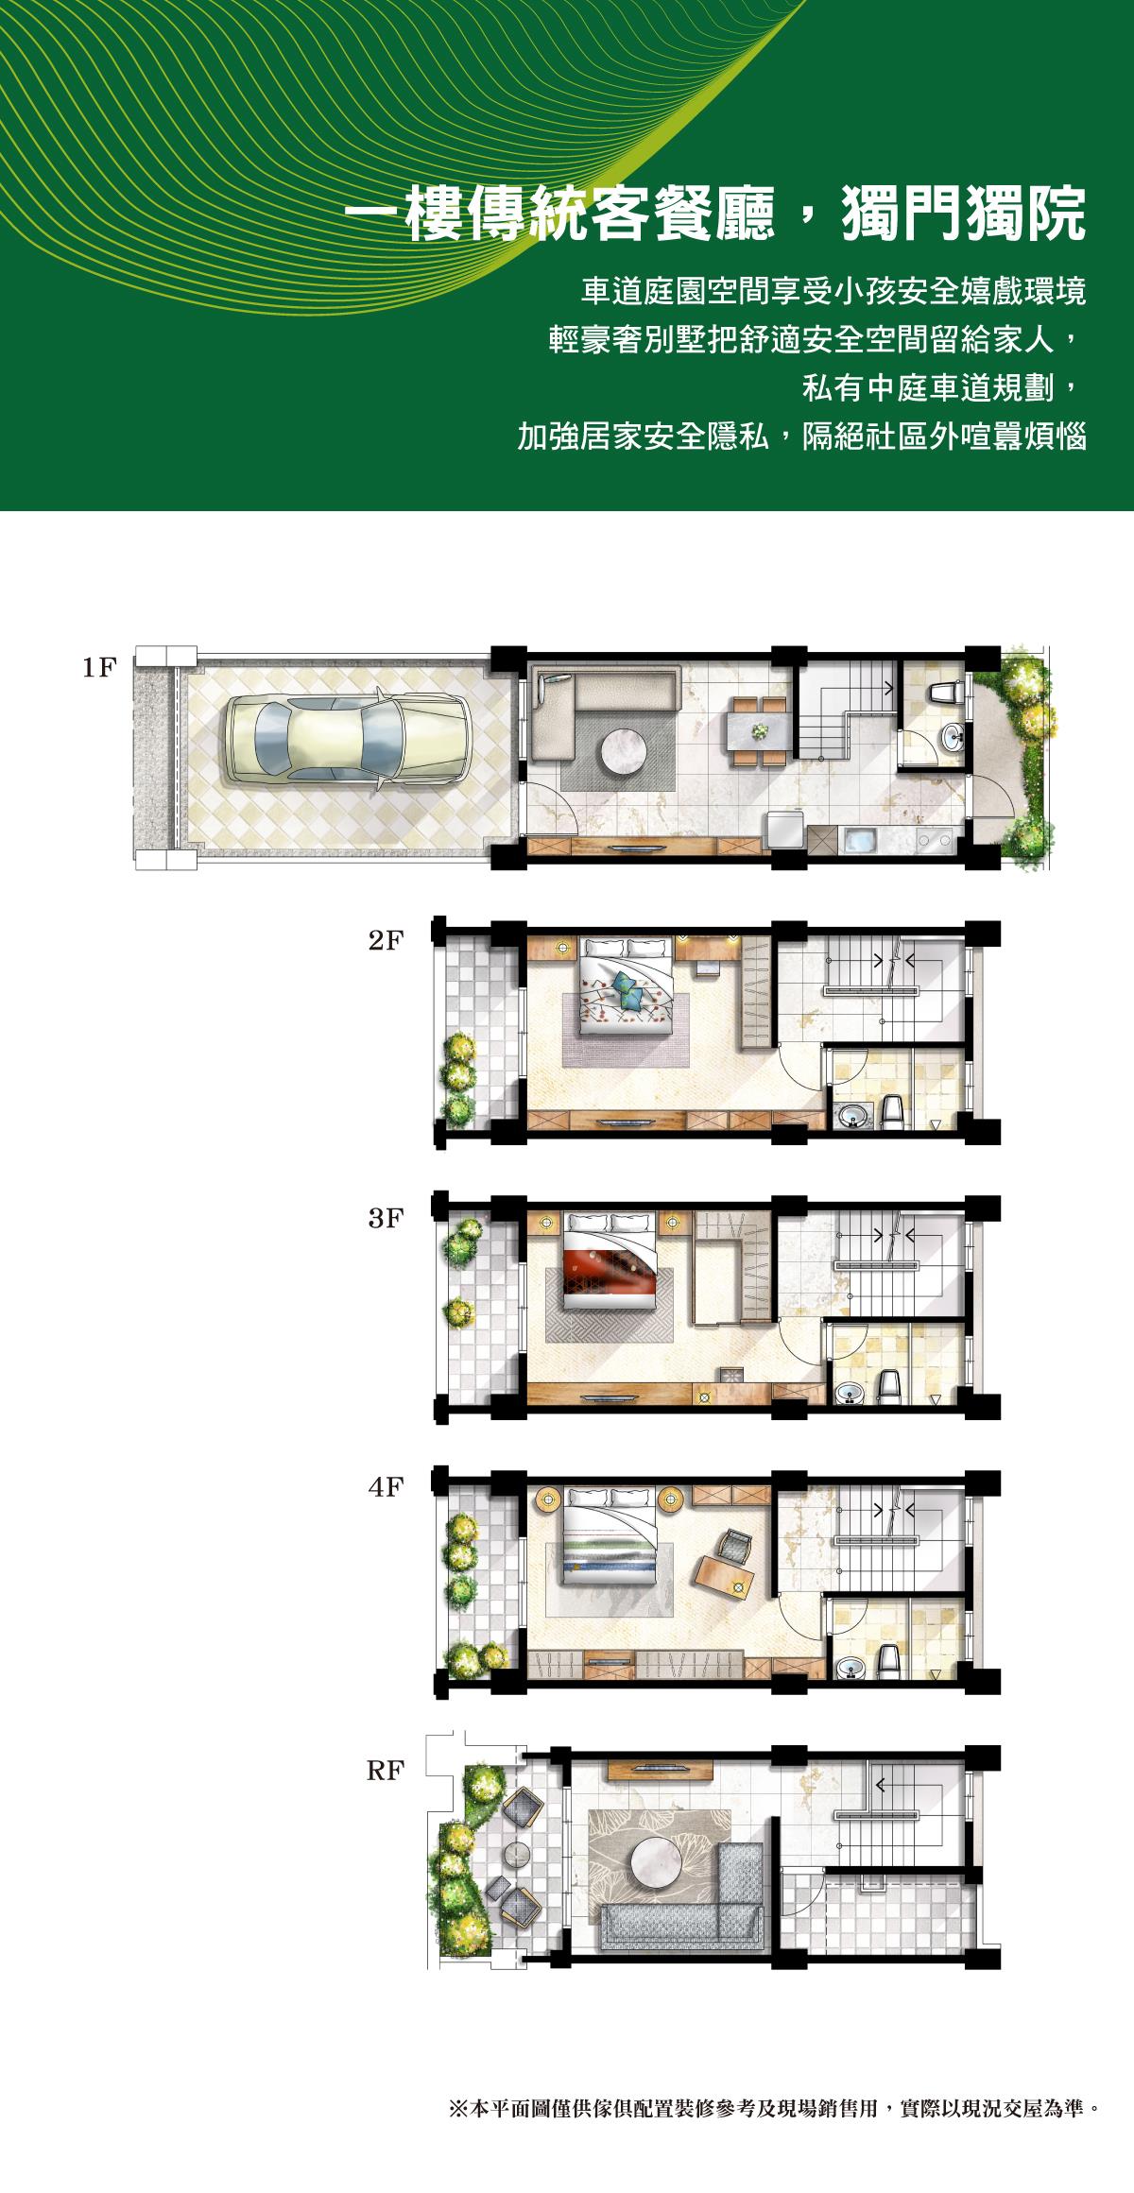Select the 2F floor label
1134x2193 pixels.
[386, 941]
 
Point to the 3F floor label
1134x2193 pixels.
[386, 1219]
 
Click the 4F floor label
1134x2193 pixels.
[386, 1487]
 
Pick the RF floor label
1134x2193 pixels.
[386, 1772]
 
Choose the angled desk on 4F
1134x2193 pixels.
[724, 1575]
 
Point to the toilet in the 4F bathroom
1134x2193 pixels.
[888, 1662]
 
